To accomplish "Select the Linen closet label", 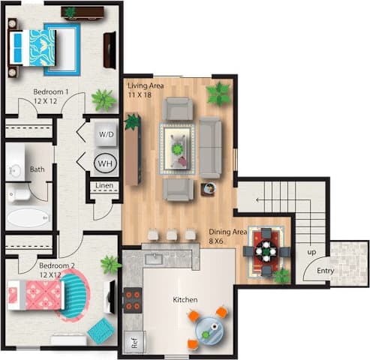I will pyautogui.click(x=104, y=186).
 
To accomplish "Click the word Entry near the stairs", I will pyautogui.click(x=325, y=271).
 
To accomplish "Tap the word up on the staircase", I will pyautogui.click(x=311, y=253).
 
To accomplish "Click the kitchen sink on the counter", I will pyautogui.click(x=155, y=259).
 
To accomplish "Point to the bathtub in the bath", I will pyautogui.click(x=27, y=218).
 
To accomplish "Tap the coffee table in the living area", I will pyautogui.click(x=178, y=142).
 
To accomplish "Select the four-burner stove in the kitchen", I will pyautogui.click(x=133, y=300).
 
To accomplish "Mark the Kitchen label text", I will pyautogui.click(x=185, y=300).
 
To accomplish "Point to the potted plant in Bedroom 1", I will pyautogui.click(x=102, y=99).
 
